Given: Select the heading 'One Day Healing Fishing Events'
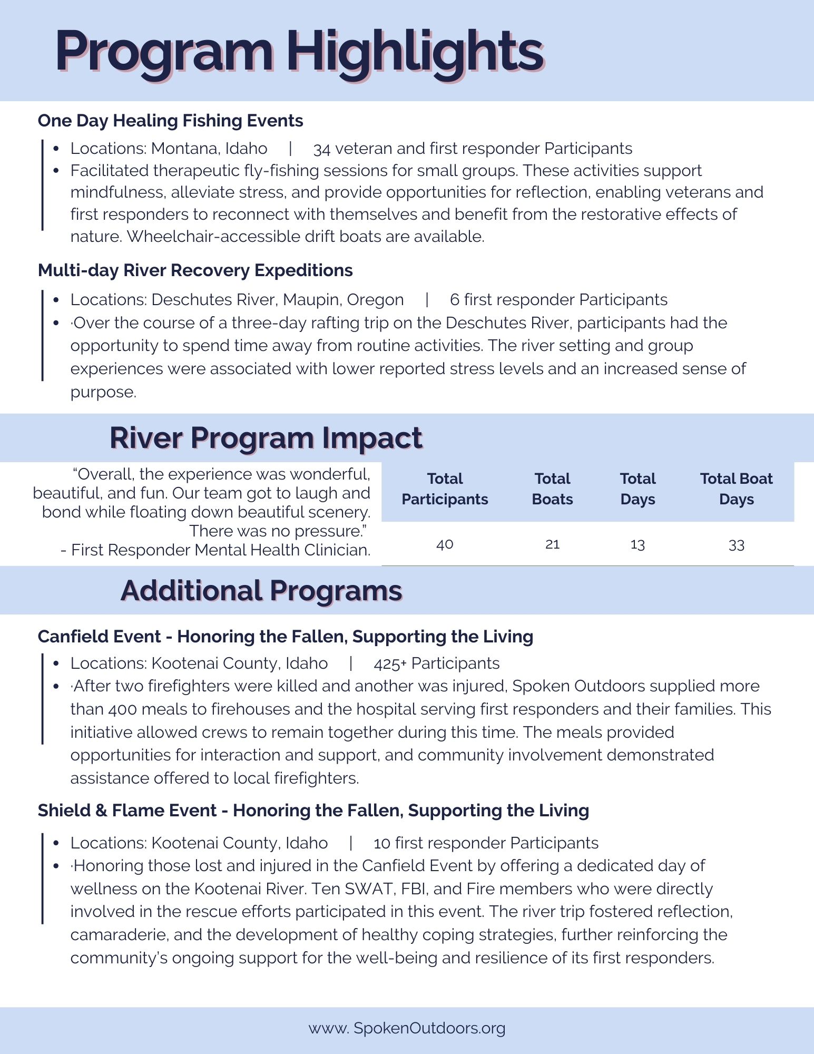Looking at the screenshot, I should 170,121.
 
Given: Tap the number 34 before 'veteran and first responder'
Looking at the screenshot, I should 321,149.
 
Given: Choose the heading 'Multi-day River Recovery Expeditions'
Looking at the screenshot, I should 195,270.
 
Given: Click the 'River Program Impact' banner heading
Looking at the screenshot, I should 266,438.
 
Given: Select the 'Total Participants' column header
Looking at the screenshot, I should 445,489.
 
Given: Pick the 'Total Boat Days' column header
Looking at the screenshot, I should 736,489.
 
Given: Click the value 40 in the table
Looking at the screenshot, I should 445,544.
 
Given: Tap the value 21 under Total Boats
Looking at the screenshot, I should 552,544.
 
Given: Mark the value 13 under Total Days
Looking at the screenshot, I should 638,544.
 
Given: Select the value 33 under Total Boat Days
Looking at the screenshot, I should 736,545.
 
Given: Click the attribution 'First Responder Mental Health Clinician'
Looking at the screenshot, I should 220,550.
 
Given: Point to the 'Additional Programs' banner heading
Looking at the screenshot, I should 261,591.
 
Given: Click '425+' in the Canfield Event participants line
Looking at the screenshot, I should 390,664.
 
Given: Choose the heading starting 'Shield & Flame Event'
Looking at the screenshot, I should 313,811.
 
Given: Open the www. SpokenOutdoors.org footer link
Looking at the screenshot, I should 407,1028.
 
